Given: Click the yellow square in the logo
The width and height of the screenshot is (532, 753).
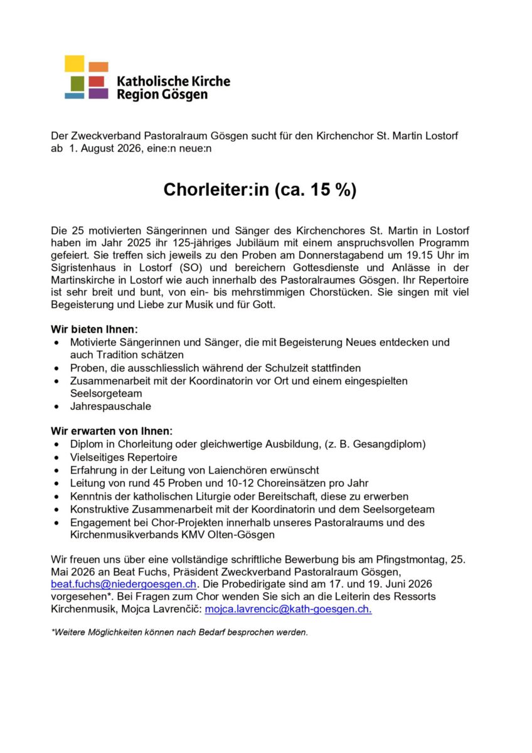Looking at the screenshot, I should click(x=74, y=64).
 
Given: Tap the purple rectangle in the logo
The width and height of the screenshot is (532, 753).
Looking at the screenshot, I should click(x=98, y=93).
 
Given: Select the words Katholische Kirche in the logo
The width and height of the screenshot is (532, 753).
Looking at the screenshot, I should click(x=173, y=81).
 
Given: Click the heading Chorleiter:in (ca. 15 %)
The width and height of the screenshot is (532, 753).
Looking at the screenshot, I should click(x=260, y=190).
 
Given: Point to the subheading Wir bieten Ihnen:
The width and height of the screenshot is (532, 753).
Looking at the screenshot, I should click(x=94, y=329).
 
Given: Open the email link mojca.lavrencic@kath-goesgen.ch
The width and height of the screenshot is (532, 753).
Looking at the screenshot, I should click(x=288, y=609).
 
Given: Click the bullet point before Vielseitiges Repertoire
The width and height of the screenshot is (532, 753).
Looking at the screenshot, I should click(x=58, y=457).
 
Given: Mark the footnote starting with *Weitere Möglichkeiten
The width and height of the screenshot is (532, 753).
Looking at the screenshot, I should click(x=179, y=632).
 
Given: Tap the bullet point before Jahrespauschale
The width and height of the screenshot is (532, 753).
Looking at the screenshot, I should click(x=58, y=406).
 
